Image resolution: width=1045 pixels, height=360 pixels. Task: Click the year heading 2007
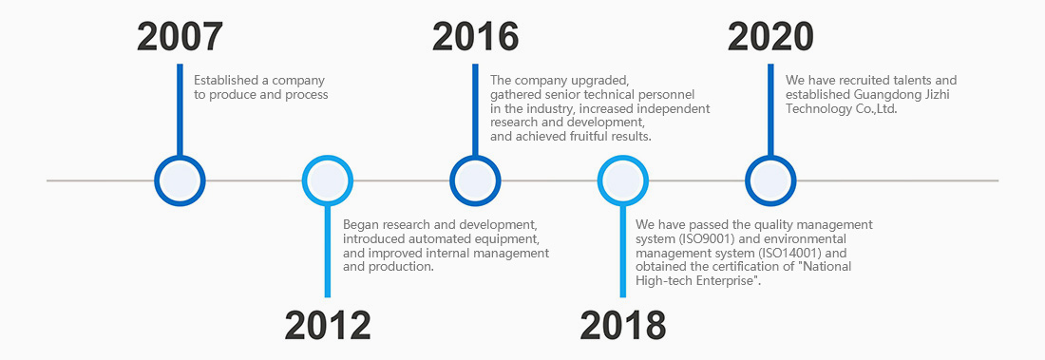180,37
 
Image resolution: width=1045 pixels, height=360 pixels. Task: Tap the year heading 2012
328,325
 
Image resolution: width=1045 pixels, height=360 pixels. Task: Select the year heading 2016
475,37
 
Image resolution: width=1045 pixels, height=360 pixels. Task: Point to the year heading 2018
622,325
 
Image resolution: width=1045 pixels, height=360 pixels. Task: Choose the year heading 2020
770,37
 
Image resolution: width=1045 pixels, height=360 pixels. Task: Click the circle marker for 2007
180,157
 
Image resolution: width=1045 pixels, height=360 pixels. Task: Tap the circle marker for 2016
475,157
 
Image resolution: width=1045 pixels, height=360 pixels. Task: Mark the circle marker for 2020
770,157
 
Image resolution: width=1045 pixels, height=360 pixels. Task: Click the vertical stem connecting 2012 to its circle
327,252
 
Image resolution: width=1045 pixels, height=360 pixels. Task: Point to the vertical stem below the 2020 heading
770,110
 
